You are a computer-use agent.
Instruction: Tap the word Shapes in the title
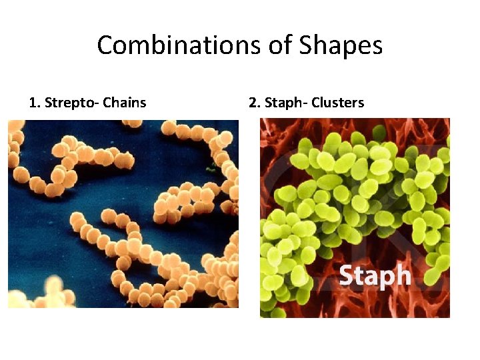point(341,46)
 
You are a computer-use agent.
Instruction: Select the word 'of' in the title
point(279,45)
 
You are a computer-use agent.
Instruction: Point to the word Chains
point(125,103)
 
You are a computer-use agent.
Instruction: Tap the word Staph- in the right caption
point(284,103)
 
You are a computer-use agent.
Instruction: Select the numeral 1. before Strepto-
point(35,103)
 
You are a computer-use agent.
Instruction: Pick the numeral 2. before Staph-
point(254,103)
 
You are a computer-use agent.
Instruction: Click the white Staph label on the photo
point(375,275)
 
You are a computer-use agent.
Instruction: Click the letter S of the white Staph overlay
point(347,274)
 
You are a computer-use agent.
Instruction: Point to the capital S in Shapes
point(307,45)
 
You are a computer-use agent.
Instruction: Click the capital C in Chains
point(108,103)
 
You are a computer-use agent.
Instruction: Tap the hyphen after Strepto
point(98,103)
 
